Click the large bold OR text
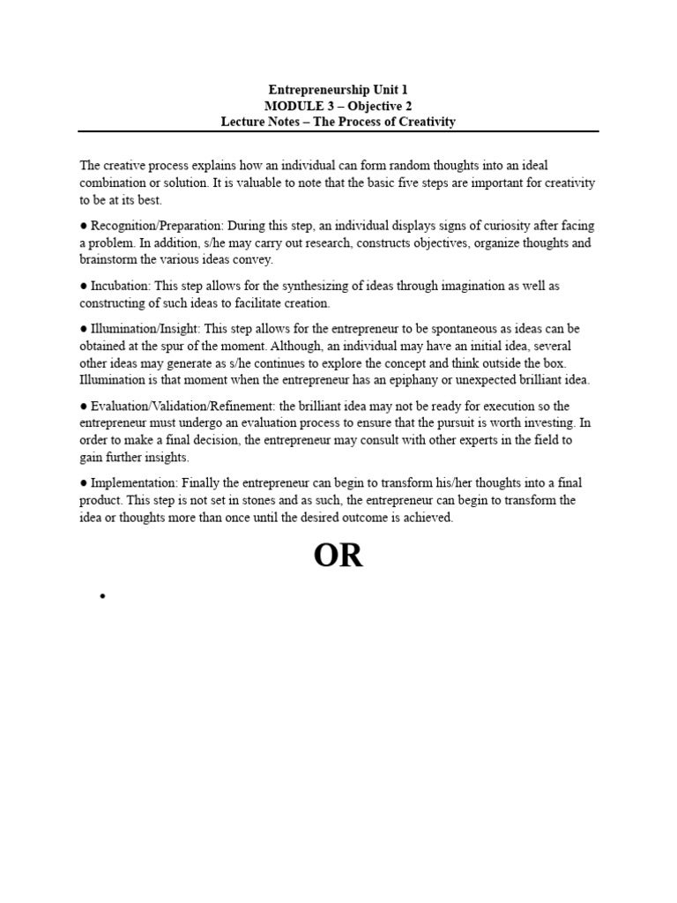pos(338,556)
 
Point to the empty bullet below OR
pos(103,598)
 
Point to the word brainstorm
pos(108,260)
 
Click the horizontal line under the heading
pos(338,131)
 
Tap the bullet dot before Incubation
pos(83,287)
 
